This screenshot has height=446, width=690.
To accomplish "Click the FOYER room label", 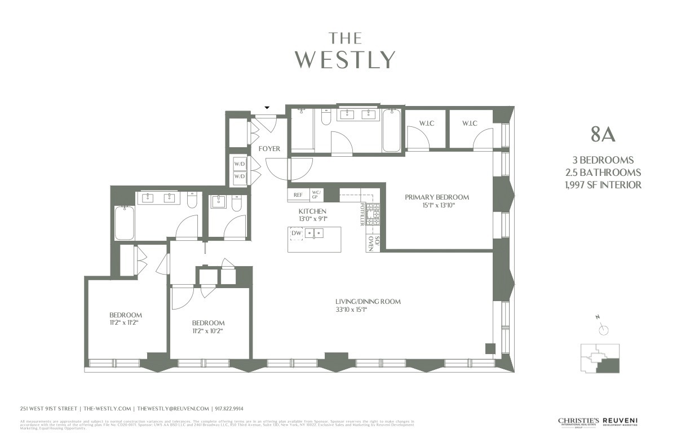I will click(269, 149).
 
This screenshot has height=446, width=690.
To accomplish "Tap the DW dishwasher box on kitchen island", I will click(296, 233).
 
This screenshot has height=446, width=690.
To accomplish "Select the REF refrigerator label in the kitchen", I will click(298, 195).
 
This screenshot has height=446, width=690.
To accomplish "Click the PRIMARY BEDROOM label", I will click(436, 197).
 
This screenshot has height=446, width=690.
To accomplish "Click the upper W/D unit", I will click(239, 164).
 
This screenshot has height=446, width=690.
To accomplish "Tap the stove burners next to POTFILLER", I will click(373, 214).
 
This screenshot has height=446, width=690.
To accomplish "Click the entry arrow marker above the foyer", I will click(267, 108).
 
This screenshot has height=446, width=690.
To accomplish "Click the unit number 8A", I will click(603, 135).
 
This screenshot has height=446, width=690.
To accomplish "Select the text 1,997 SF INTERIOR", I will click(603, 185).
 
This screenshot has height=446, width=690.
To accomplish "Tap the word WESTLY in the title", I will click(345, 59).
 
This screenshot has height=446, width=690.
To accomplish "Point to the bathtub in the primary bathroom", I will click(391, 131).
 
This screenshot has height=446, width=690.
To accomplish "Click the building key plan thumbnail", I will click(600, 359).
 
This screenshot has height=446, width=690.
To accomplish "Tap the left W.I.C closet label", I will click(426, 123).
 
